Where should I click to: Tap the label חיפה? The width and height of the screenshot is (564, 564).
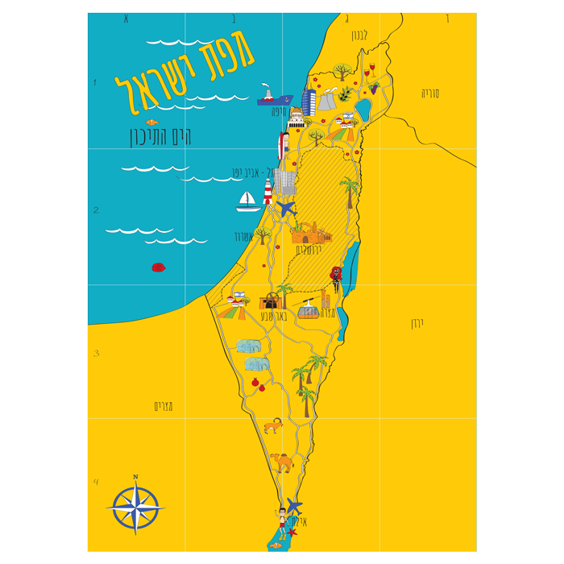click(x=280, y=111)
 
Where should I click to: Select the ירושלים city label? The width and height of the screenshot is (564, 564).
click(x=309, y=250)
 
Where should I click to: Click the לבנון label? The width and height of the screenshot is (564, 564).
click(x=358, y=35)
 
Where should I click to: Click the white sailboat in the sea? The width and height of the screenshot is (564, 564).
click(x=248, y=201)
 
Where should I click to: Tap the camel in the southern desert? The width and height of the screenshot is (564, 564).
click(x=281, y=462)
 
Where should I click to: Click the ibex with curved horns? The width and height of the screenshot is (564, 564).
click(x=273, y=425)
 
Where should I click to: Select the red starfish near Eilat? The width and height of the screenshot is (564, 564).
click(x=292, y=532)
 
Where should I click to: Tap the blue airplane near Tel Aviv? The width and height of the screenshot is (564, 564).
click(x=287, y=209)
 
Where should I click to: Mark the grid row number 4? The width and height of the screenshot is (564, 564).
click(x=96, y=483)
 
